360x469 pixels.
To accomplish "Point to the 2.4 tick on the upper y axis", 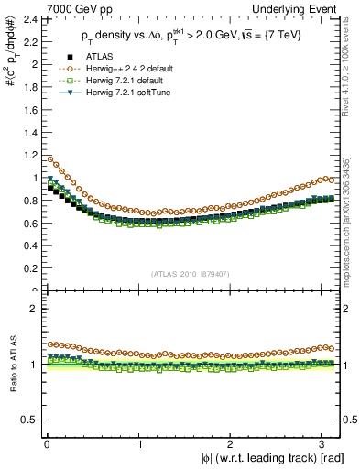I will (x=29, y=19).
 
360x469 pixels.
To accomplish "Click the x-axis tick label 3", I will (x=325, y=443).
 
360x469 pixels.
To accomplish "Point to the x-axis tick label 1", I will (x=139, y=443).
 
